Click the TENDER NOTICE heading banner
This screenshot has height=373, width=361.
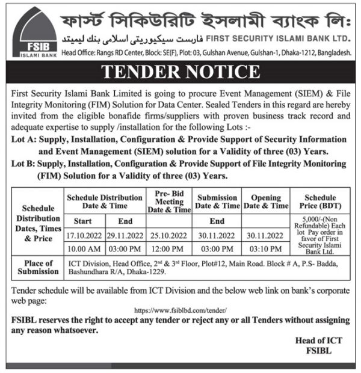[180, 73]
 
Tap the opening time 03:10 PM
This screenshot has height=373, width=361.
[266, 248]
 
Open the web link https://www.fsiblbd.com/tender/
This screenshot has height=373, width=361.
[180, 309]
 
